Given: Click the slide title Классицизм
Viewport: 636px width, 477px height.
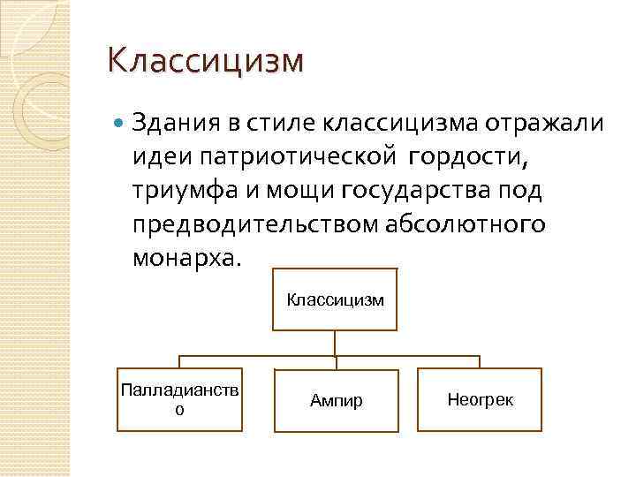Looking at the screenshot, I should [204, 62].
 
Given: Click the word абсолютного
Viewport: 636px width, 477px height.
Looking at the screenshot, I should [465, 225].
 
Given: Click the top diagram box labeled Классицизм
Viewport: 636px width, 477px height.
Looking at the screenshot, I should [335, 300].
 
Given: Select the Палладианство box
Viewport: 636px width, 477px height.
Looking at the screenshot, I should [179, 399].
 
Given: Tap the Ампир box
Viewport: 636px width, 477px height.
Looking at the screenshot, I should [336, 400].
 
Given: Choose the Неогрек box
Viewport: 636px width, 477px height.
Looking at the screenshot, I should [480, 399].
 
